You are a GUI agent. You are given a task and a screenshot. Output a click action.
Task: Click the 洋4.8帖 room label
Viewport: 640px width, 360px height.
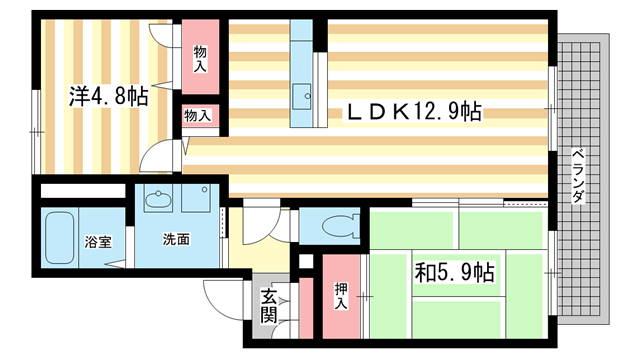[x=108, y=98]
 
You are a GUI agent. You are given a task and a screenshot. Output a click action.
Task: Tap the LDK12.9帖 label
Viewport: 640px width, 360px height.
[x=414, y=113]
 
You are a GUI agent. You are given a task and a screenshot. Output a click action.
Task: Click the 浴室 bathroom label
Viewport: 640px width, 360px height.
[x=69, y=241]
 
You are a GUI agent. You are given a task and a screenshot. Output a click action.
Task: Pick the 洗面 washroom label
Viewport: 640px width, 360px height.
[x=177, y=241]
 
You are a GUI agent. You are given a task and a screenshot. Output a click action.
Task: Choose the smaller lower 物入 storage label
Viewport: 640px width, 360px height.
[x=197, y=116]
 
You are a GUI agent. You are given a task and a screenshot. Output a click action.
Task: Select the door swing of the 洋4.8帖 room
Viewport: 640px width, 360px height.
[x=155, y=158]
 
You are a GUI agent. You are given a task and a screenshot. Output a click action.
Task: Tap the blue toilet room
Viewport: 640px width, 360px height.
[x=334, y=226]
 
